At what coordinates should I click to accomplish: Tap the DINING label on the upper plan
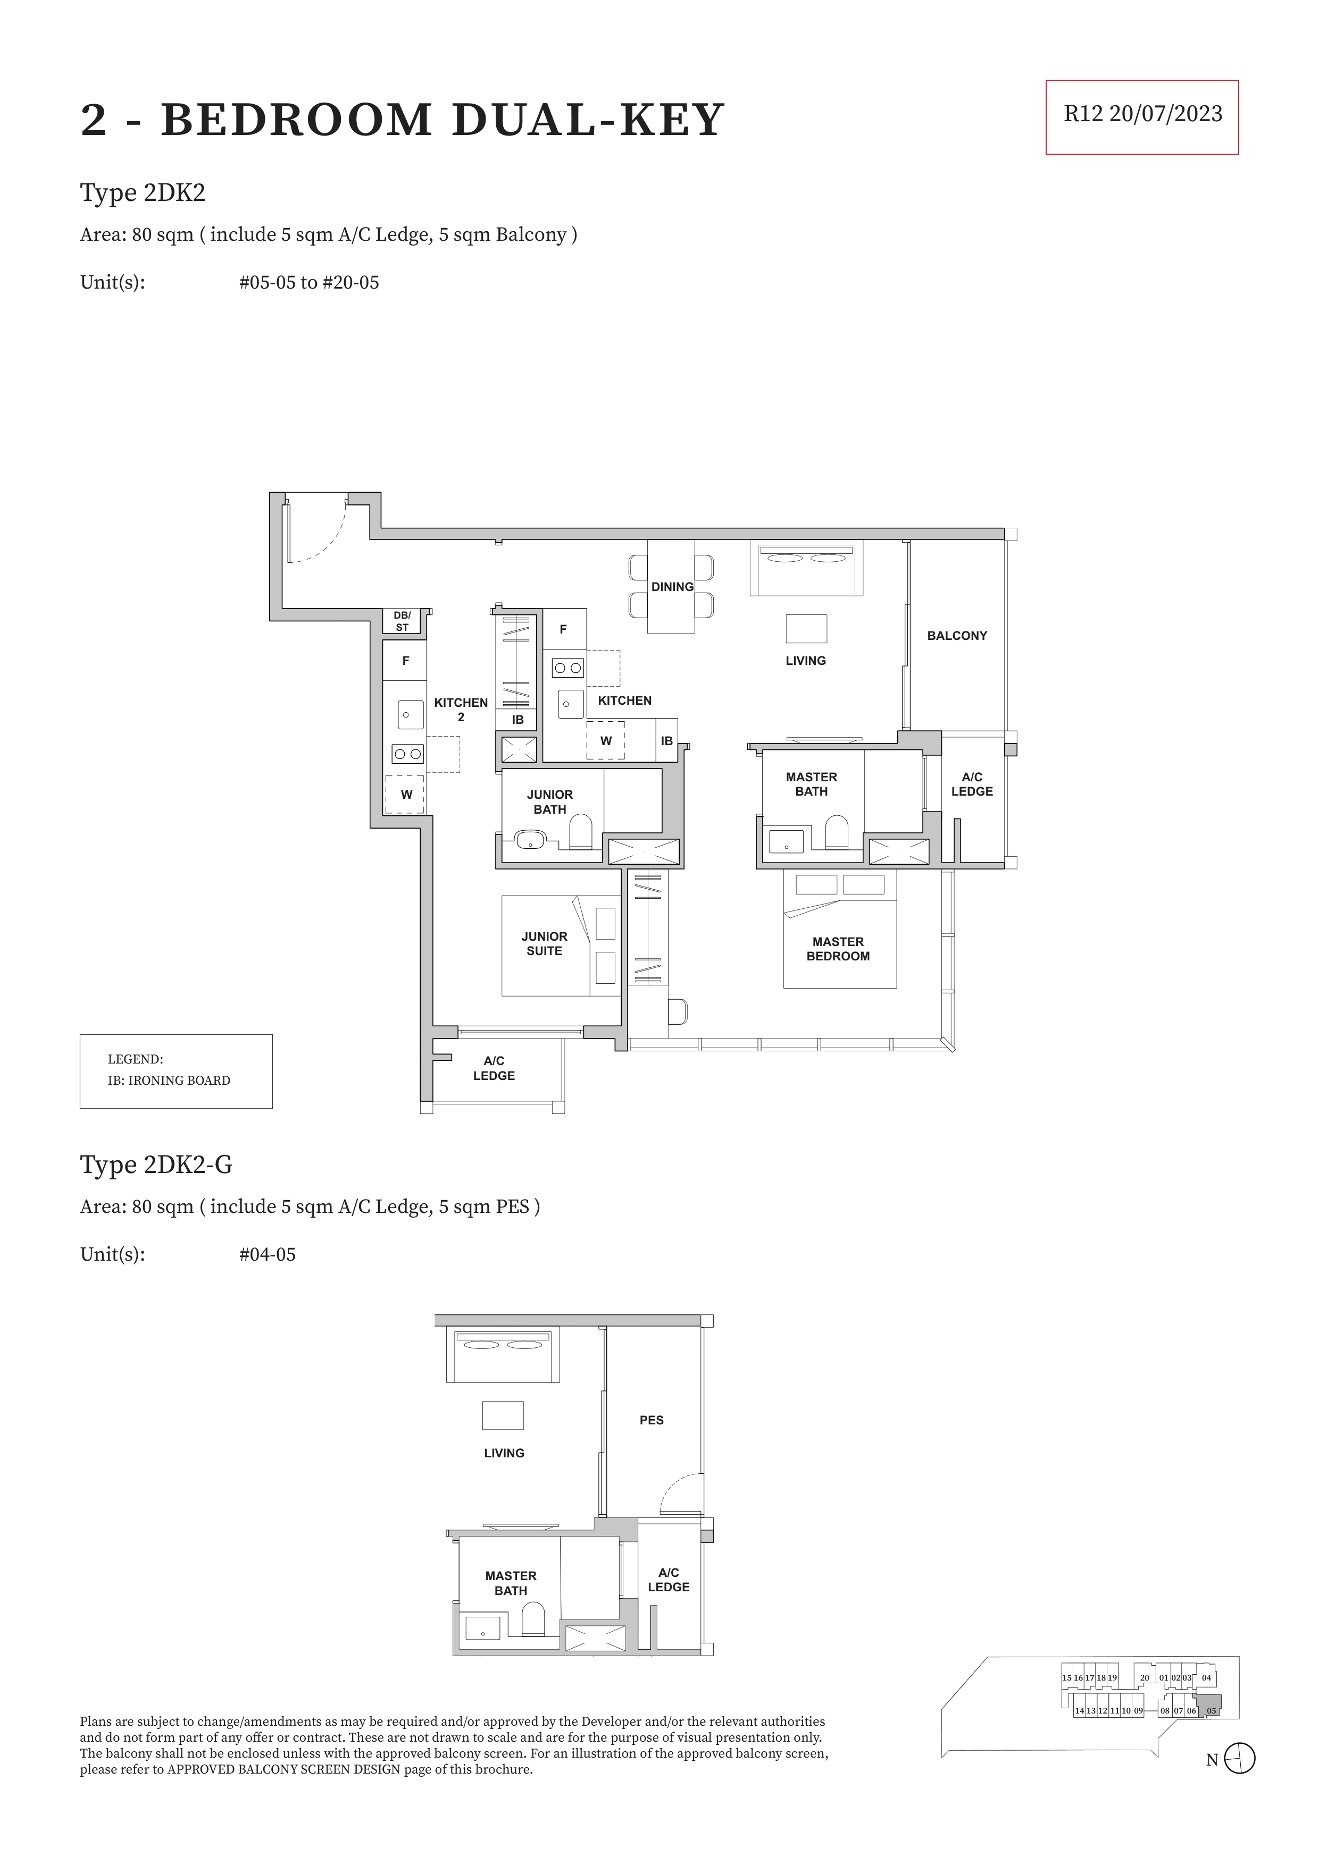[672, 586]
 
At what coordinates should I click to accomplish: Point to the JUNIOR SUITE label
[545, 944]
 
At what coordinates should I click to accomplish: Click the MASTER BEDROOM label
[838, 949]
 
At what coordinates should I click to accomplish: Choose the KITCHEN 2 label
[461, 709]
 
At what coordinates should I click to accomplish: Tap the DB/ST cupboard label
[402, 621]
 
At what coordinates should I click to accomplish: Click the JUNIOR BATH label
[550, 801]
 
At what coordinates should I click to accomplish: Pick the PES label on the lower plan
[652, 1420]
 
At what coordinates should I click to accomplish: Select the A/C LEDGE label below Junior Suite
[494, 1068]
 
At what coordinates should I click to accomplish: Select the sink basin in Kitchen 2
[411, 715]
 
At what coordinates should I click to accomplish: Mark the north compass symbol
[1239, 1759]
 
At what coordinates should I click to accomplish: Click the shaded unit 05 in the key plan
[1209, 1705]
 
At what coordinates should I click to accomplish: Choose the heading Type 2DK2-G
[156, 1165]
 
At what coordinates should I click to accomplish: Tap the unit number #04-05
[268, 1255]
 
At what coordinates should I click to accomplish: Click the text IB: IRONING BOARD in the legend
[169, 1081]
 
